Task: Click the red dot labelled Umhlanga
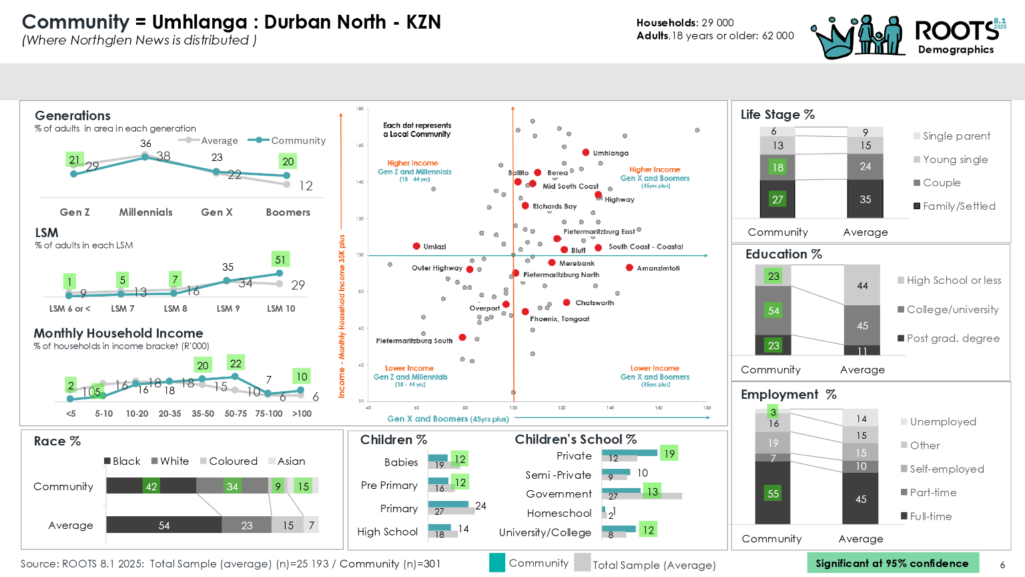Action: [585, 153]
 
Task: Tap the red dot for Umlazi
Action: [416, 246]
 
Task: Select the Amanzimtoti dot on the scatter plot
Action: [629, 268]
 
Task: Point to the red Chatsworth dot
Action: [567, 303]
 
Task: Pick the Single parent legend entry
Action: [956, 136]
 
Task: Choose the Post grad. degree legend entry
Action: [953, 339]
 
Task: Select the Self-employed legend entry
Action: [946, 469]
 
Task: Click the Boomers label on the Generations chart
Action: [288, 212]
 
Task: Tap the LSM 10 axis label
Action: [281, 309]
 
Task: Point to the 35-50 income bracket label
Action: [203, 414]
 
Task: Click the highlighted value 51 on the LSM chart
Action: [280, 260]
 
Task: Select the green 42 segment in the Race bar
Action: [151, 486]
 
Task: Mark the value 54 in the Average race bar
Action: [164, 526]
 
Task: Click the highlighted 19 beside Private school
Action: [669, 454]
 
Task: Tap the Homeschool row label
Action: [559, 514]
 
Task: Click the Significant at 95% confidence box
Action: [892, 563]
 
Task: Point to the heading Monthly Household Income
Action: [119, 333]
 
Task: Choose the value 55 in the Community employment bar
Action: [773, 494]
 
